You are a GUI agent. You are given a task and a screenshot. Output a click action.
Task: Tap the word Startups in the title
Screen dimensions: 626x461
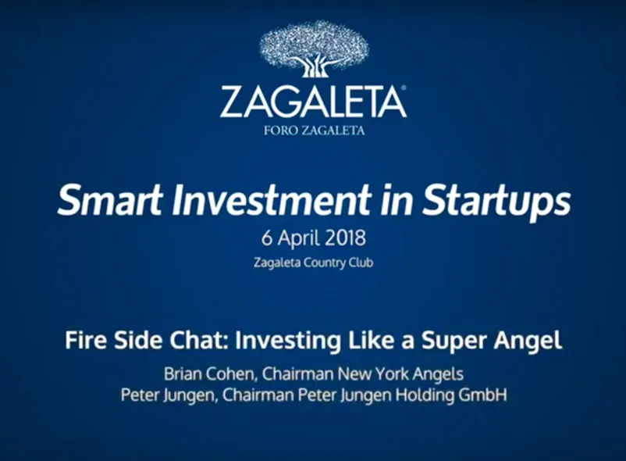pos(496,202)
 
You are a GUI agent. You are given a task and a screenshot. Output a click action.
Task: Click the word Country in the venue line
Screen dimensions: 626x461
pos(325,263)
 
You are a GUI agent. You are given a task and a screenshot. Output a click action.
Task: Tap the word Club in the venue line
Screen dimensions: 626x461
pos(361,263)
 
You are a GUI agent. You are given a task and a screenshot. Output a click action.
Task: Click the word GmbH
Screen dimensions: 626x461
pos(482,395)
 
